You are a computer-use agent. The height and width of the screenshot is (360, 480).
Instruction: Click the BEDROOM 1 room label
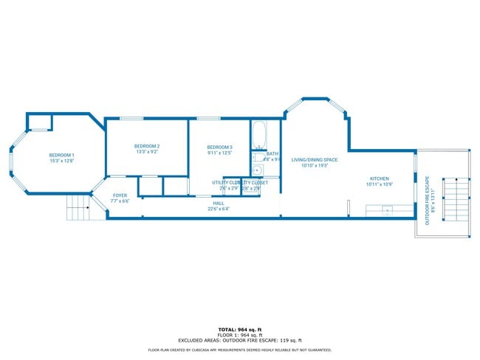click(x=62, y=154)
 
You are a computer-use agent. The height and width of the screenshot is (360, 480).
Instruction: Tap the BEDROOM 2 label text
click(x=147, y=146)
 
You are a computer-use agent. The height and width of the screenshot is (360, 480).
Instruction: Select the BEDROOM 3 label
click(x=219, y=148)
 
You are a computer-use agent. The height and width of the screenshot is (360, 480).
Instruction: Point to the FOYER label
click(x=120, y=195)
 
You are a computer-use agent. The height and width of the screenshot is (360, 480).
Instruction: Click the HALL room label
click(x=219, y=202)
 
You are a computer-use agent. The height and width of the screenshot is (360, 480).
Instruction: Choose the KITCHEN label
click(x=379, y=179)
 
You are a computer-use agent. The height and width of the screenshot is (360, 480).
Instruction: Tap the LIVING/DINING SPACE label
click(x=314, y=160)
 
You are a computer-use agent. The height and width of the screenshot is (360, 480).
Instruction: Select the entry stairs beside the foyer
click(x=78, y=208)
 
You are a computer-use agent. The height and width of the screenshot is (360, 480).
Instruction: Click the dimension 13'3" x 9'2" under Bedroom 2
click(x=147, y=153)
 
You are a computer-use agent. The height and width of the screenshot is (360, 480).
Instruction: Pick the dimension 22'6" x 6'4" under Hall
click(x=219, y=208)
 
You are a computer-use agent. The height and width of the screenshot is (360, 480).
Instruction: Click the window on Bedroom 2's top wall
click(x=131, y=118)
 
